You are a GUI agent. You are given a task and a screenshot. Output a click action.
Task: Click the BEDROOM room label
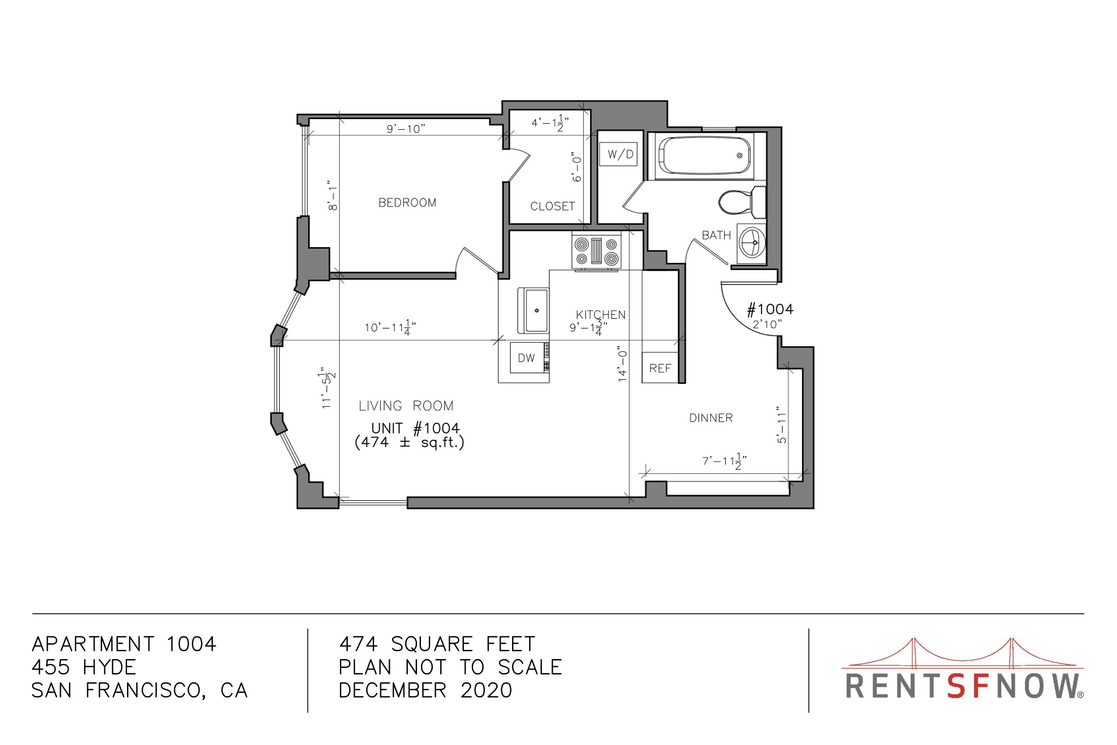tap(407, 203)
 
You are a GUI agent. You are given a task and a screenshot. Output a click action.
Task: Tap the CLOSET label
tap(552, 206)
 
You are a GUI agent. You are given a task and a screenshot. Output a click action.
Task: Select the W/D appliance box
tap(618, 154)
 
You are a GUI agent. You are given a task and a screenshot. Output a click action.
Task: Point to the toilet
tap(742, 202)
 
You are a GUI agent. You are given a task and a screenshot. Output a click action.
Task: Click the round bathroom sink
tap(752, 242)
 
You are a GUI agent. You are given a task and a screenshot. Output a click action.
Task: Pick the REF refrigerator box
tap(660, 367)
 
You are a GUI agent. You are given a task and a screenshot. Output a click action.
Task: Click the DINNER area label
tap(711, 418)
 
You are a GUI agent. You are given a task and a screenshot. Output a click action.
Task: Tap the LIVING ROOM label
tap(406, 406)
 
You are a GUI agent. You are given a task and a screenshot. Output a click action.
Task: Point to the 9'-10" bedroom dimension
tap(406, 129)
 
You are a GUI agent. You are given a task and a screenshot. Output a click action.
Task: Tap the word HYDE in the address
tap(109, 667)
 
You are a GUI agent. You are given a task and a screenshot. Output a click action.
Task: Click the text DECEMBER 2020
tap(425, 690)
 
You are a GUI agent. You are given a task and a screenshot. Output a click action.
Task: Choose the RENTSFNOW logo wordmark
tap(964, 686)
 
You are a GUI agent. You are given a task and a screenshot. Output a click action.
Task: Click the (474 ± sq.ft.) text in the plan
tap(410, 443)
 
